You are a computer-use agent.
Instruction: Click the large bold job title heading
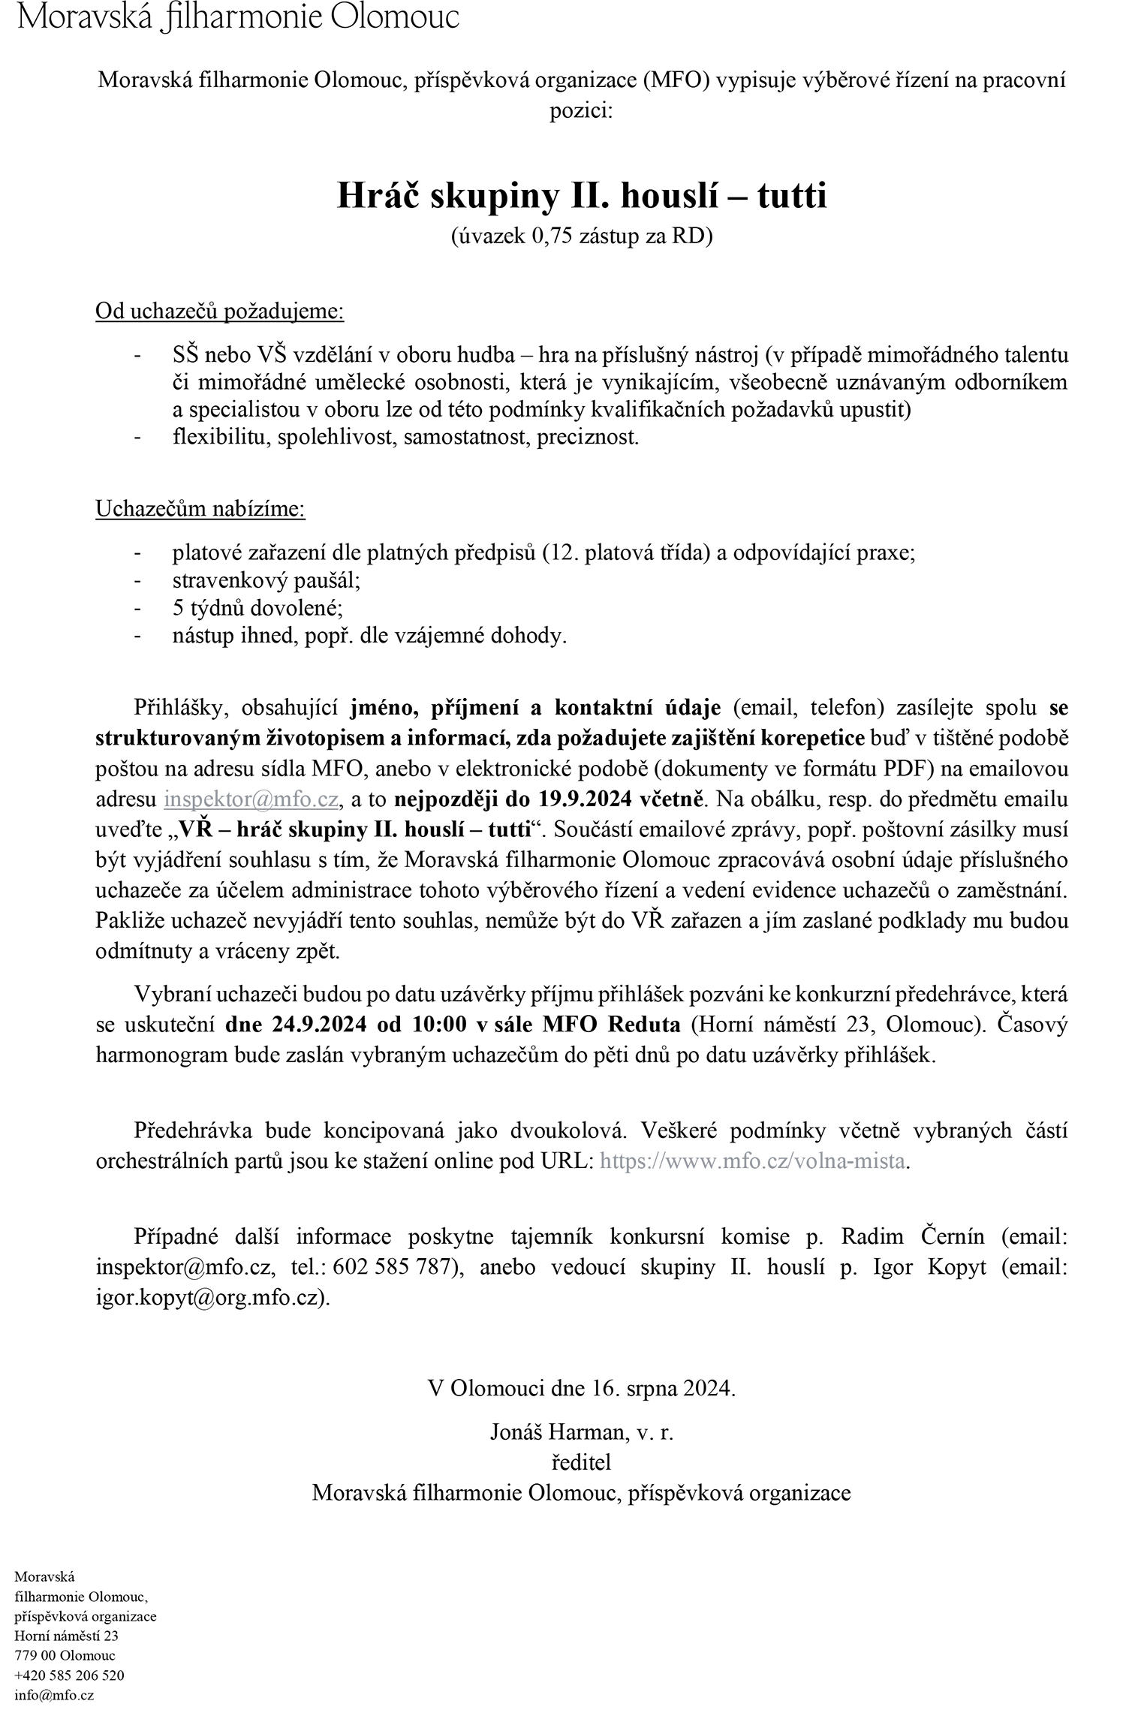tap(582, 197)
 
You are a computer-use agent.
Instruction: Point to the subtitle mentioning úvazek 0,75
tap(582, 236)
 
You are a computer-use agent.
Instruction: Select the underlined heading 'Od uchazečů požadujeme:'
tap(219, 312)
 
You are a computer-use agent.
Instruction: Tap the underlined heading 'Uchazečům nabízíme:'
tap(200, 509)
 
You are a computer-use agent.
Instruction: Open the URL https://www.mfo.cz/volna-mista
tap(753, 1162)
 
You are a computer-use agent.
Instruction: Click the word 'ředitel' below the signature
tap(582, 1462)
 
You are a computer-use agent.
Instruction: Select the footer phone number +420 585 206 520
tap(70, 1675)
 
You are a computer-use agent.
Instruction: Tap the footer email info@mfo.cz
tap(54, 1695)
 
